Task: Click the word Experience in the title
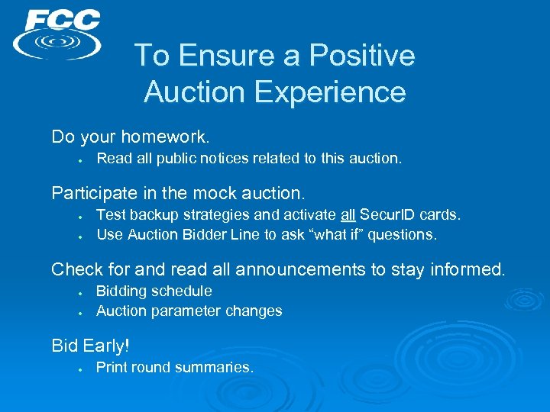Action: [330, 92]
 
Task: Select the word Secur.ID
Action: [388, 215]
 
